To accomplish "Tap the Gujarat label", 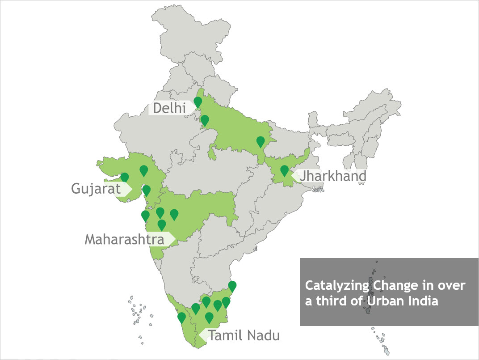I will click(96, 188).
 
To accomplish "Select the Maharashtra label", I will click(124, 239).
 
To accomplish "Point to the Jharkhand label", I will click(333, 176).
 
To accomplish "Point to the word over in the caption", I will click(455, 285).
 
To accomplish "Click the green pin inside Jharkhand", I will click(284, 170).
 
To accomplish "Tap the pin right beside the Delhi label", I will click(198, 102).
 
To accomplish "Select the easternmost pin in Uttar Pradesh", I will click(261, 141).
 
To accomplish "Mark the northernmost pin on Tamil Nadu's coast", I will click(232, 286).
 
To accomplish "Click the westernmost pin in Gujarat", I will click(125, 178).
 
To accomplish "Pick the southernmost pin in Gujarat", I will click(146, 190).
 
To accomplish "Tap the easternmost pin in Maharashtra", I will click(174, 214).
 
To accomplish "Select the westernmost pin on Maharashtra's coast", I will click(145, 216).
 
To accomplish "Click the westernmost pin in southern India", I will click(181, 318).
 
